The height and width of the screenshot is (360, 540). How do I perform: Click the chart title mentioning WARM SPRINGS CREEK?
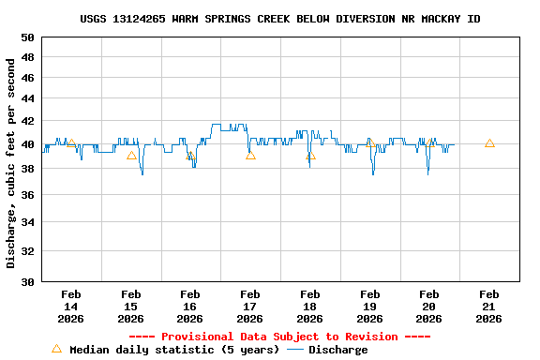point(280,19)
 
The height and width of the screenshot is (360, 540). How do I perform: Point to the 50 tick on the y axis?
point(28,37)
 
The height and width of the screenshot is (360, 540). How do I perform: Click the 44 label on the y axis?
point(28,98)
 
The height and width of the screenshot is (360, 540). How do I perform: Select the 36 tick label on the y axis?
point(28,195)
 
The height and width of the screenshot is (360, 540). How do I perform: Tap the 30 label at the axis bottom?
point(28,281)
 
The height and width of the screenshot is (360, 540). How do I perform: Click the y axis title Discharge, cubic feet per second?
point(11,163)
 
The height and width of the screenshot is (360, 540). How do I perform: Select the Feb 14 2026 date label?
point(71,306)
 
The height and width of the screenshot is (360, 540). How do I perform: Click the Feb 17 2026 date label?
point(250,306)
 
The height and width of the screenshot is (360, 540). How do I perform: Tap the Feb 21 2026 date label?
point(489,306)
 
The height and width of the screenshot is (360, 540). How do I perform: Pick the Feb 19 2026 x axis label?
point(370,306)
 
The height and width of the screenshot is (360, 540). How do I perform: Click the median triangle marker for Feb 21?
point(489,143)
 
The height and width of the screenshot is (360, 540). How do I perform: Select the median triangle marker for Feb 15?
point(131,155)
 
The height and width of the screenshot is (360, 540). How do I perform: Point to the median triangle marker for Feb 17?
point(250,155)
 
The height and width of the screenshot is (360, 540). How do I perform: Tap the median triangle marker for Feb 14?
point(71,143)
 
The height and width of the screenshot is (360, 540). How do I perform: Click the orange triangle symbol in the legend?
point(56,349)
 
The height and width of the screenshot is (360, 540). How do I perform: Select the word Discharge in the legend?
point(338,350)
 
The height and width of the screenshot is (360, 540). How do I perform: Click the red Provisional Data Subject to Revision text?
point(279,337)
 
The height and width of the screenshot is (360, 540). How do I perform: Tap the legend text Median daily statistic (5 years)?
point(174,350)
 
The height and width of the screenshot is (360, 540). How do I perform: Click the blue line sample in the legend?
point(295,350)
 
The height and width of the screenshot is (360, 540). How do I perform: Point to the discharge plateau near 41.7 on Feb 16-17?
point(229,124)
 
